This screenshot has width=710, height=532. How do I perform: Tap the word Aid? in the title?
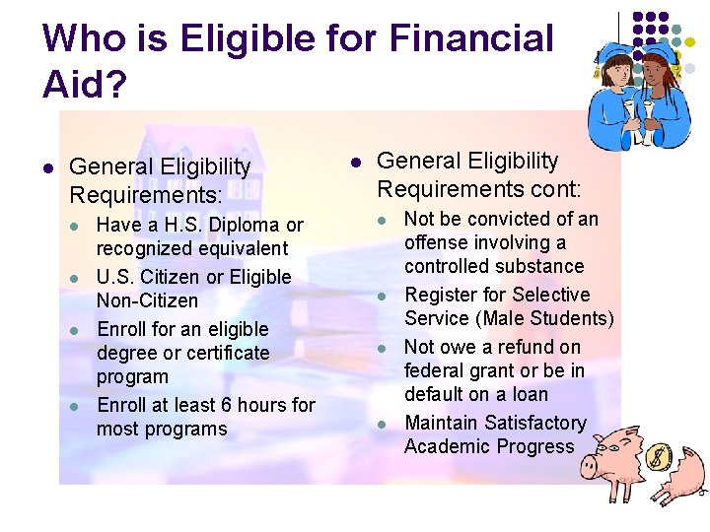[x=85, y=86]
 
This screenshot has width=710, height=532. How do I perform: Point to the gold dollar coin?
[x=658, y=458]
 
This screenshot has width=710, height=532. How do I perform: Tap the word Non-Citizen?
[x=147, y=300]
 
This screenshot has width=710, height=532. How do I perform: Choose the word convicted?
[x=516, y=219]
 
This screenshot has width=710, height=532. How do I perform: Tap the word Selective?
[x=549, y=295]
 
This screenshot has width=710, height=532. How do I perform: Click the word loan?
[x=530, y=394]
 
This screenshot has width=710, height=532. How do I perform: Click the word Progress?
[x=536, y=446]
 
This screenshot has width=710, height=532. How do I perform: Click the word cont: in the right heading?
[x=544, y=188]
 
